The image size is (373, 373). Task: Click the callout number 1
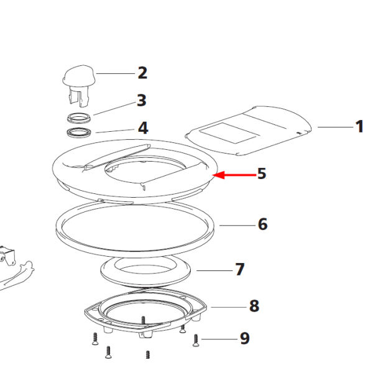point(359,127)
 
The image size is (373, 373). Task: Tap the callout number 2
point(142,73)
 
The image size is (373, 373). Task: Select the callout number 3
point(142,100)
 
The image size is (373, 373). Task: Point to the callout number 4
point(143,128)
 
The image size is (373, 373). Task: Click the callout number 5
point(262,173)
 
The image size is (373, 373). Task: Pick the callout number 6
point(262,224)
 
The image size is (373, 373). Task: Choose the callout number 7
point(240,269)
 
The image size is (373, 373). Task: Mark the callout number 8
point(254,306)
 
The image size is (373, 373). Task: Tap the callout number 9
point(245,338)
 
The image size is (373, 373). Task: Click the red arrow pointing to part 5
point(234,175)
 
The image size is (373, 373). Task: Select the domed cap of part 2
point(79,75)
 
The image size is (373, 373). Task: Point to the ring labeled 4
point(79,132)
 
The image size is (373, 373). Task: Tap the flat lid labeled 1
point(248,131)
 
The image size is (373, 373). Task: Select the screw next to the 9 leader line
point(196,341)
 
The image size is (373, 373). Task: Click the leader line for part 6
point(237,225)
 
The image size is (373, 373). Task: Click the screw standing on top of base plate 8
point(143,321)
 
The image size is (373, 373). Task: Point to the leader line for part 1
point(336,127)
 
